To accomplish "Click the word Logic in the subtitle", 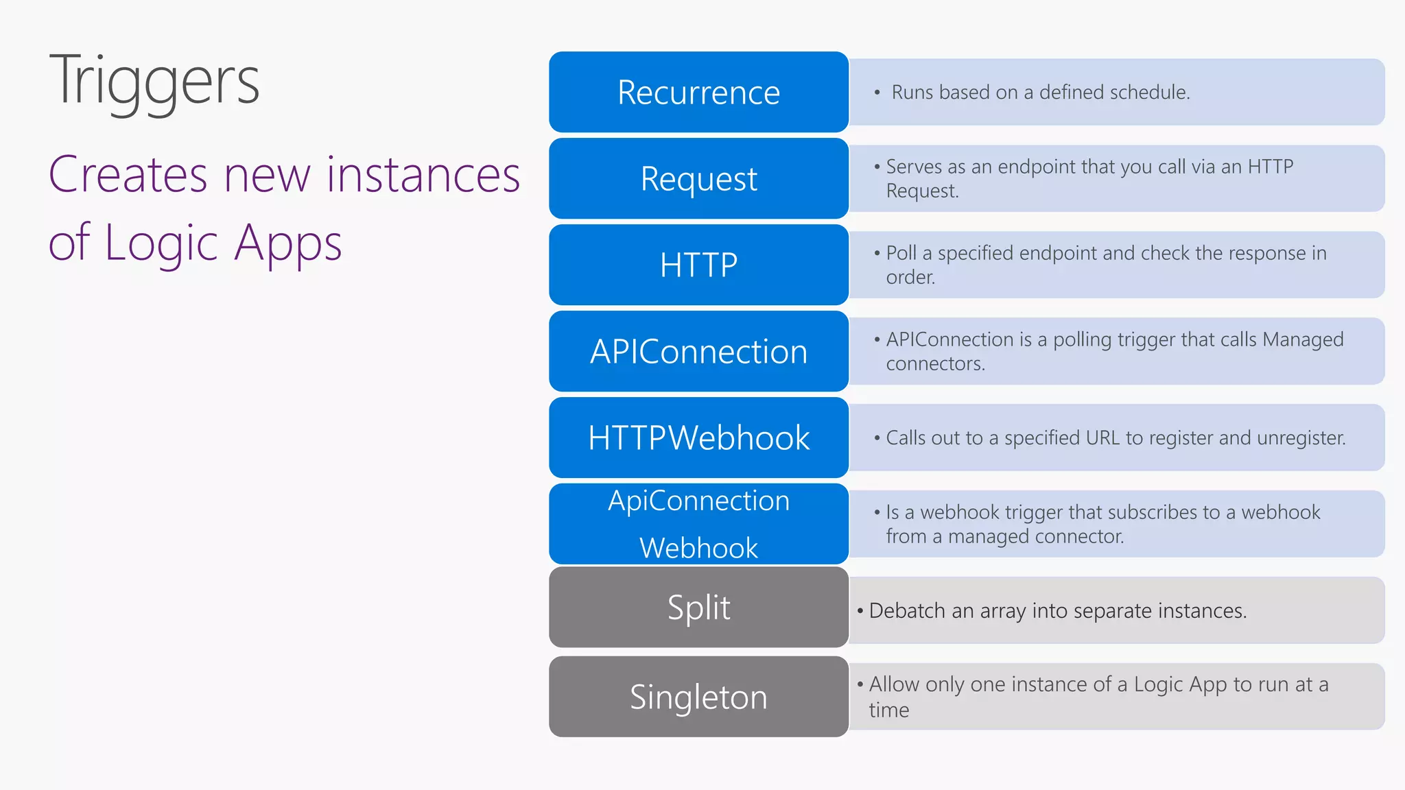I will (161, 243).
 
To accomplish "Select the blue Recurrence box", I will (698, 92).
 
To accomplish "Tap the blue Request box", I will (698, 178).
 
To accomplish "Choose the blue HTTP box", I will (698, 265).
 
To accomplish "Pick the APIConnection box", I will (698, 351).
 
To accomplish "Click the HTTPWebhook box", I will (698, 438).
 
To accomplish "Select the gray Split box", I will (698, 608).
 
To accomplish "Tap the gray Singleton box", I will (698, 697).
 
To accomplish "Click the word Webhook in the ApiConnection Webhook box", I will (698, 548).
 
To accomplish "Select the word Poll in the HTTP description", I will (901, 253).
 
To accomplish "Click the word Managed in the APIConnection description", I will (1302, 339).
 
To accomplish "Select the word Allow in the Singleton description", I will (894, 684).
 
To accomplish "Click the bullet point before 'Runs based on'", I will (877, 93).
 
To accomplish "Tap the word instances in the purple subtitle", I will (423, 175).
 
